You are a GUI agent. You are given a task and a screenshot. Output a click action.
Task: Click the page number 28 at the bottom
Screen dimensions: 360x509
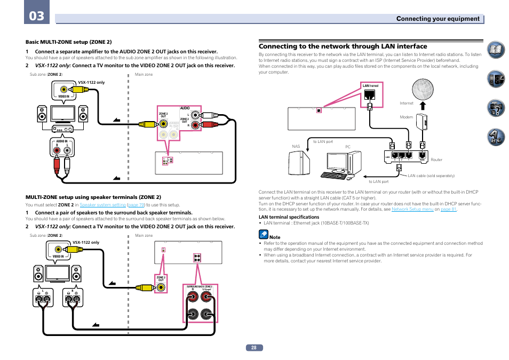pos(254,347)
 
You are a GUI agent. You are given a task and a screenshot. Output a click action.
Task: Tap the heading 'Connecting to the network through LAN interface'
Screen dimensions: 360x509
pos(343,46)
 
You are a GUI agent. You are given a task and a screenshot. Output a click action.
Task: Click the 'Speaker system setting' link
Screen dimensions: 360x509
pos(102,205)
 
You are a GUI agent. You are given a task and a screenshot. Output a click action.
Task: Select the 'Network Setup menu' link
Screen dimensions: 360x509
pos(412,210)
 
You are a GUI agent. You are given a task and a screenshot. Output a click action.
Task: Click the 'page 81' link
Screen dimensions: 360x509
pos(449,210)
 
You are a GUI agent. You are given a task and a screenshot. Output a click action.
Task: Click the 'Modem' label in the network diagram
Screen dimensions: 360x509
pos(407,117)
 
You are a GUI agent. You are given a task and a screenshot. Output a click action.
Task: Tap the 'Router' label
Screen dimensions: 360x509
pos(436,159)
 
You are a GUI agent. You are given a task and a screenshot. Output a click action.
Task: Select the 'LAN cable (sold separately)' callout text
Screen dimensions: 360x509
pos(431,175)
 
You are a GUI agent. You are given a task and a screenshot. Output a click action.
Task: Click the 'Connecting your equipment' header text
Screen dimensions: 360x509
pos(438,19)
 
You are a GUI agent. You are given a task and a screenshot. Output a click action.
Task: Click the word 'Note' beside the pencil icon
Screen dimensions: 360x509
pos(275,237)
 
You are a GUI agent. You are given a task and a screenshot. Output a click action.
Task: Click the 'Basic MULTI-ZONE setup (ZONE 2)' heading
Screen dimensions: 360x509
pos(69,42)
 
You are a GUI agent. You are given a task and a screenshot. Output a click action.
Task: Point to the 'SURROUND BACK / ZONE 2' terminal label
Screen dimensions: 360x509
pos(200,287)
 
